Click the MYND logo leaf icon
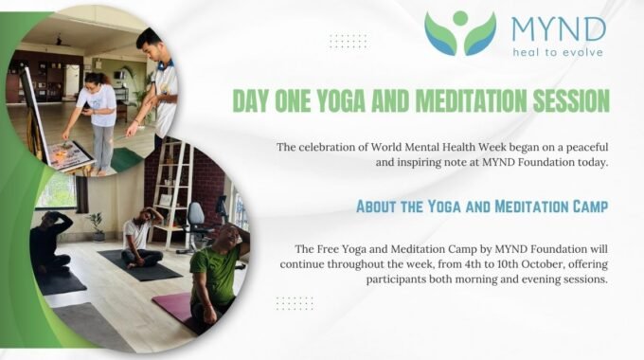[x=460, y=32]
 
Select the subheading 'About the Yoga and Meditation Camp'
[x=482, y=207]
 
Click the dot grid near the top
[x=348, y=41]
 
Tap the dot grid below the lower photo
[x=295, y=303]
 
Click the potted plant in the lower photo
[x=96, y=225]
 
